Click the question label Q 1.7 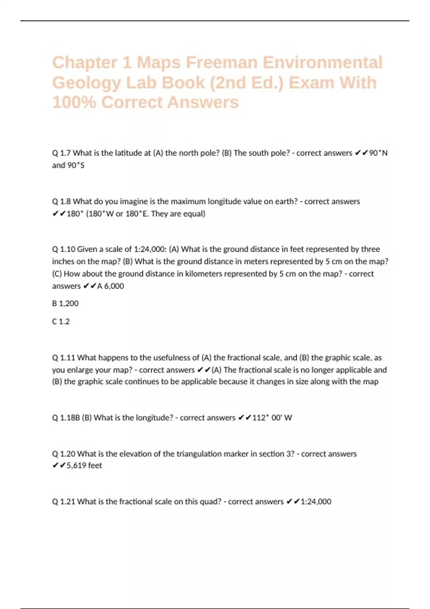point(61,153)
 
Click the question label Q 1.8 point(61,201)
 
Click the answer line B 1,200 point(65,303)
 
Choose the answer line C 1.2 point(61,321)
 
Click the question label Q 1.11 point(63,358)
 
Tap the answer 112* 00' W point(272,418)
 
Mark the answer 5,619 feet point(84,466)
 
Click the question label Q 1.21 point(63,502)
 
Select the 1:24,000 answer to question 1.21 point(316,502)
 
